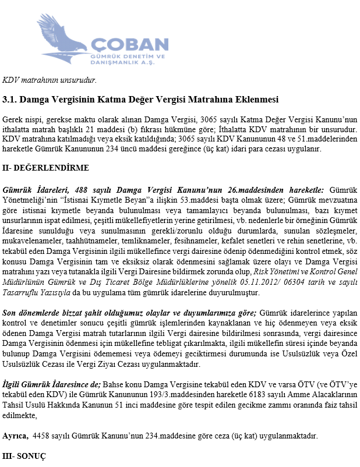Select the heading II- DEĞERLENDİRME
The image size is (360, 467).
46,168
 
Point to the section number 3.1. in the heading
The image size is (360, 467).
12,100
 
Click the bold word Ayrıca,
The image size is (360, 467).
16,436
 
